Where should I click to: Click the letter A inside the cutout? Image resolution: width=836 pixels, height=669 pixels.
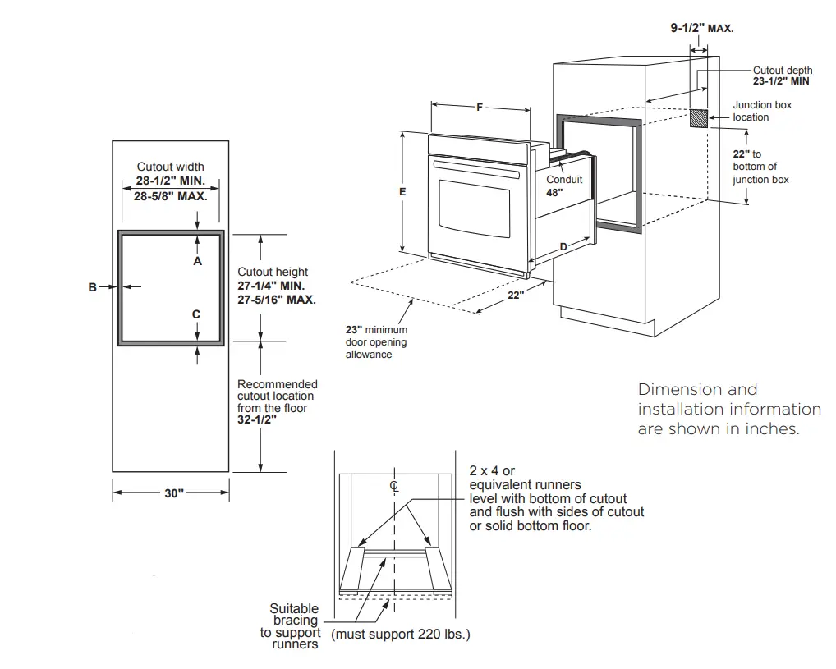click(197, 260)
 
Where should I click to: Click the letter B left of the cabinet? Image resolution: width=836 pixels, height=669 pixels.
click(93, 286)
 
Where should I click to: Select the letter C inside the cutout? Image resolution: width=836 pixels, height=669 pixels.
click(196, 314)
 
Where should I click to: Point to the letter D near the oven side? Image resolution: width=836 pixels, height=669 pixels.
click(563, 246)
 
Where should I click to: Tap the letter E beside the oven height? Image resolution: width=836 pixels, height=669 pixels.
click(402, 191)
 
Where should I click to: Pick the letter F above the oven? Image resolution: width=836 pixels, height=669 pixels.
click(480, 106)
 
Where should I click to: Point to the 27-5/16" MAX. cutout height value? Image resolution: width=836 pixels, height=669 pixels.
click(277, 300)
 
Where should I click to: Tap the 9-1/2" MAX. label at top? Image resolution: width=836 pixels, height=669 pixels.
click(701, 28)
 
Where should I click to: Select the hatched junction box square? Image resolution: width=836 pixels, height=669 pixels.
click(698, 118)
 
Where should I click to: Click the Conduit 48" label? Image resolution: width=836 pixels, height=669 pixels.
click(564, 186)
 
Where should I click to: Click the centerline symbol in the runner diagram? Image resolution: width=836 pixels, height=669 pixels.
click(394, 486)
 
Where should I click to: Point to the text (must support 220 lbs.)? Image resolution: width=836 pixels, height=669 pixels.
click(401, 635)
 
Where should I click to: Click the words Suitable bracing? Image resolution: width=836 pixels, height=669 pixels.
click(294, 615)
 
